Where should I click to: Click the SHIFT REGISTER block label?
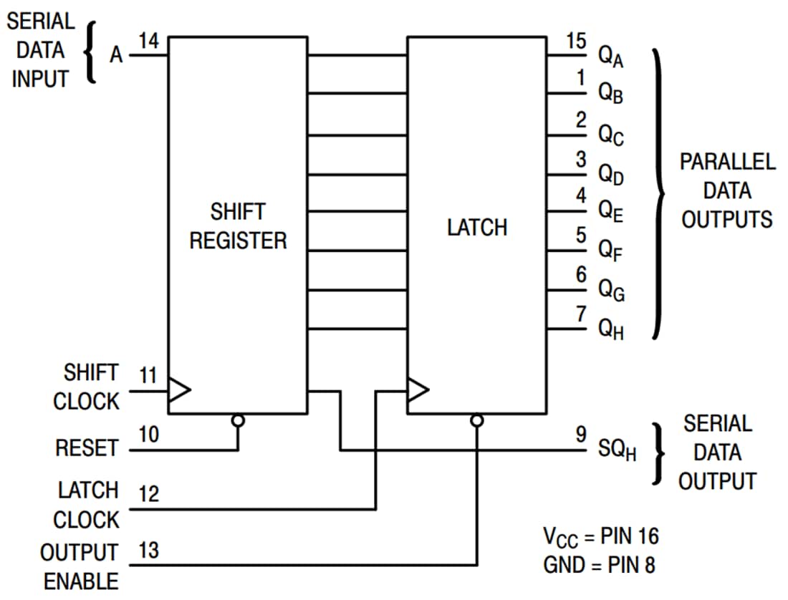[x=238, y=226]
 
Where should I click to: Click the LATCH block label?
[x=476, y=228]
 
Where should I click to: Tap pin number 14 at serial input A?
[x=148, y=42]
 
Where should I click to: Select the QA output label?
[x=611, y=57]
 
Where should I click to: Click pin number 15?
[x=576, y=41]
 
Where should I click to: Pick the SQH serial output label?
[x=617, y=451]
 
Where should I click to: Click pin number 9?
[x=581, y=434]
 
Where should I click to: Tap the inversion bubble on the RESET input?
[x=238, y=420]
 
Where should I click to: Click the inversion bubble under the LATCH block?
[x=476, y=420]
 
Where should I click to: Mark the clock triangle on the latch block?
[x=418, y=390]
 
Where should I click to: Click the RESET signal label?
[x=86, y=448]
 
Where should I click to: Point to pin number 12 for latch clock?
[x=149, y=495]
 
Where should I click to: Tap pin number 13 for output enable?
[x=148, y=551]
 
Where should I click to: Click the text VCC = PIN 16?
[x=600, y=536]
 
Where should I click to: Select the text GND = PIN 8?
[x=599, y=565]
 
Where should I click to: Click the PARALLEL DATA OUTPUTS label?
[x=726, y=190]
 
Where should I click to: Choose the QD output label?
[x=611, y=174]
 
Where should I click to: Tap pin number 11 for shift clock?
[x=148, y=374]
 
